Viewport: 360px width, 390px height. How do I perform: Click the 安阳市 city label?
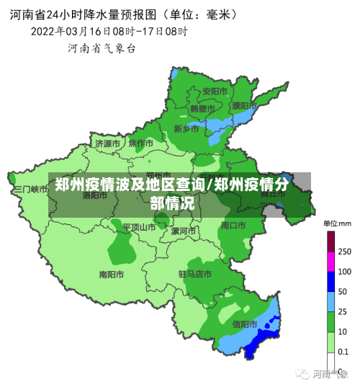215,92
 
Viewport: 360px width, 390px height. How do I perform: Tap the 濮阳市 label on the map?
245,105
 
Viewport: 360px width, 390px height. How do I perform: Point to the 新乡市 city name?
186,128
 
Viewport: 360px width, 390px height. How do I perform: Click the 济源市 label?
108,143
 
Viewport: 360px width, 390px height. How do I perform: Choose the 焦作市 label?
141,143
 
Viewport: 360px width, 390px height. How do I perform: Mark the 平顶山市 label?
138,227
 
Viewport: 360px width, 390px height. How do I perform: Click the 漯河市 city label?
184,231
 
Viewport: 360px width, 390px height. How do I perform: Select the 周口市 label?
233,226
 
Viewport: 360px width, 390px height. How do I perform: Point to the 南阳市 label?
112,275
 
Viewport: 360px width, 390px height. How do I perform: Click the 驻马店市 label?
195,275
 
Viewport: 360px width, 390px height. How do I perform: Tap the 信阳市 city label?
245,324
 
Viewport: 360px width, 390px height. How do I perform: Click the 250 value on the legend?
344,252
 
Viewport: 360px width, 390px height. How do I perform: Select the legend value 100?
344,272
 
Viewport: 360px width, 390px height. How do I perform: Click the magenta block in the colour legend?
330,262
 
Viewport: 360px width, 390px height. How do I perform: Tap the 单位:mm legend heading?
336,223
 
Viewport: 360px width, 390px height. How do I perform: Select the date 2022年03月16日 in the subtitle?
71,32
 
